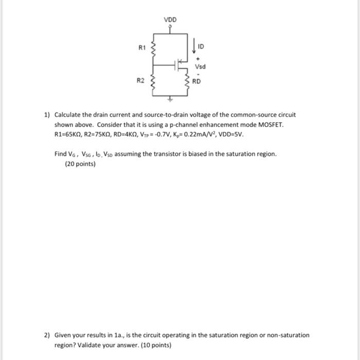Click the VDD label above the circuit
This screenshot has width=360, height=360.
tap(170, 20)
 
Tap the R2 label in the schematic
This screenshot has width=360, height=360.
tap(140, 81)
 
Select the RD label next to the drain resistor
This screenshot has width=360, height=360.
tap(197, 81)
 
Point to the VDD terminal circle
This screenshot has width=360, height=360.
tap(170, 27)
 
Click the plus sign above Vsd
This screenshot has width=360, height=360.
tap(197, 59)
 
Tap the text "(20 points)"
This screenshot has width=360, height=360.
tap(80, 165)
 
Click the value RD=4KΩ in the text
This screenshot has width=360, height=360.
tap(133, 134)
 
